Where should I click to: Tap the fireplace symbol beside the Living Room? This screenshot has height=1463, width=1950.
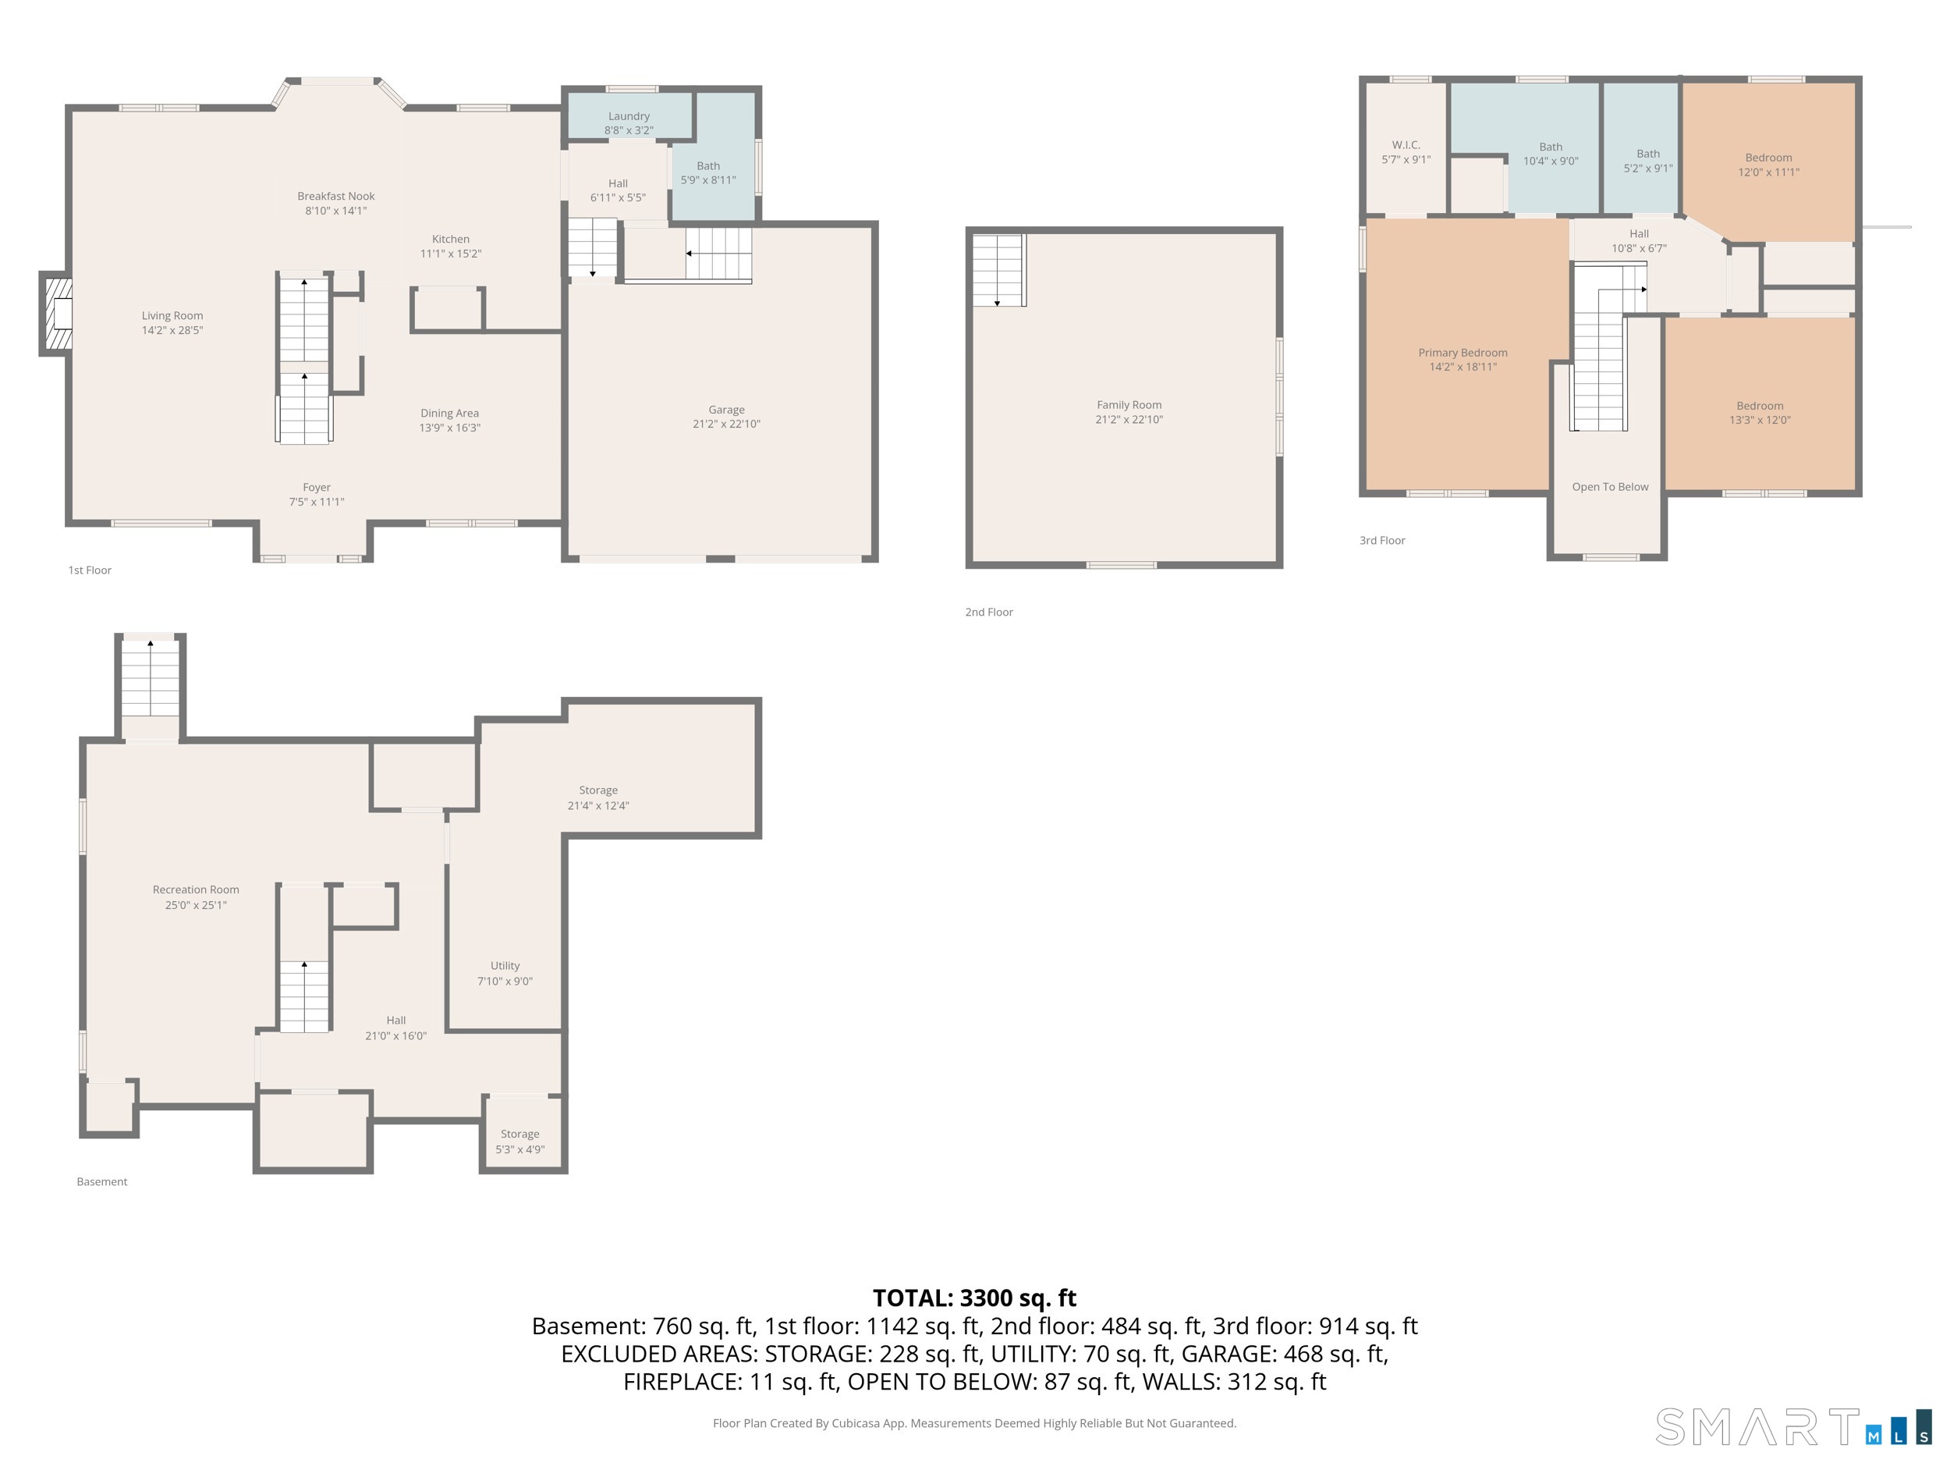point(56,314)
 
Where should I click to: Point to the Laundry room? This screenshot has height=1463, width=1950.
point(629,115)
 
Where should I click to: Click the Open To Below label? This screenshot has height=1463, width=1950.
point(1610,487)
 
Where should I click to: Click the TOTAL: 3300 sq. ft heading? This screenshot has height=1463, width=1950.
point(974,1298)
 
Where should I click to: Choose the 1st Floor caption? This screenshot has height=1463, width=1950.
point(90,570)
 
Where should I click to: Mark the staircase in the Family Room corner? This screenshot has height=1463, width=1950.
point(999,270)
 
